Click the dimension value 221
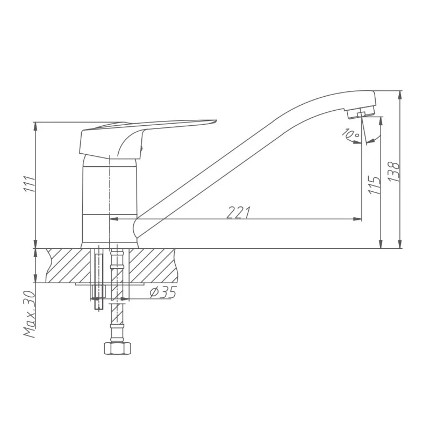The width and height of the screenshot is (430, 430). pyautogui.click(x=238, y=212)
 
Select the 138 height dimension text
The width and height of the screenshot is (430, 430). pyautogui.click(x=394, y=171)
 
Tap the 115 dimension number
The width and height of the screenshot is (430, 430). pyautogui.click(x=375, y=185)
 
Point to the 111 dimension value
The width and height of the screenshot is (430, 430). pyautogui.click(x=30, y=183)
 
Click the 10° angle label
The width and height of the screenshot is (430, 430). pyautogui.click(x=350, y=133)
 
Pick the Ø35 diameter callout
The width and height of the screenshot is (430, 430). pyautogui.click(x=162, y=292)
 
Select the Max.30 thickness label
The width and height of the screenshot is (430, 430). pyautogui.click(x=30, y=314)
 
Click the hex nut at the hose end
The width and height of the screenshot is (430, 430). pyautogui.click(x=117, y=348)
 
